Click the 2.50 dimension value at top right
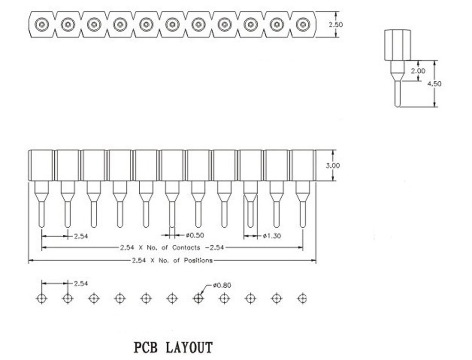[336, 25]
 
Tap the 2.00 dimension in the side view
[418, 71]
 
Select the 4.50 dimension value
[434, 84]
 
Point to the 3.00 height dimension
[333, 165]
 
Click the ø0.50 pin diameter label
[195, 235]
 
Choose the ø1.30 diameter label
[272, 236]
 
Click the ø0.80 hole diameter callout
[222, 285]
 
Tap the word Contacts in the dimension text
[186, 248]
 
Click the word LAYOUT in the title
[189, 347]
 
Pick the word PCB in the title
[145, 347]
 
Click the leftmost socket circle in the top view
[42, 25]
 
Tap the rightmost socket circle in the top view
[303, 25]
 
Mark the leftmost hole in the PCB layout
[42, 299]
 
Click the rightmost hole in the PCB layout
[302, 299]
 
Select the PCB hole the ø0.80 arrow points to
[198, 299]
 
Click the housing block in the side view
[397, 45]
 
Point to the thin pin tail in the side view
[397, 94]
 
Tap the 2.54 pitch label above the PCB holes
[81, 283]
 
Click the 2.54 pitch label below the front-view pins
[81, 236]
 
